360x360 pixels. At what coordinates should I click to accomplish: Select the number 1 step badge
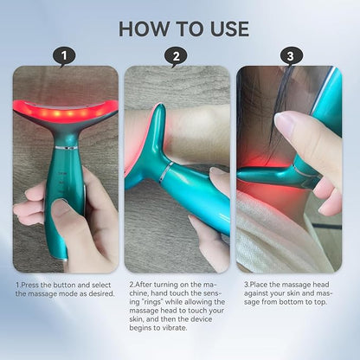coord(64,56)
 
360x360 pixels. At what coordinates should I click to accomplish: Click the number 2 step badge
coord(176,56)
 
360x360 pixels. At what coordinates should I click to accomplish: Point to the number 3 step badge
coord(291,56)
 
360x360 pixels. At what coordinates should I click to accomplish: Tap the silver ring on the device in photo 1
coord(67,148)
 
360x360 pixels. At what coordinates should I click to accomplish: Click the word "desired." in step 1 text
coord(102,293)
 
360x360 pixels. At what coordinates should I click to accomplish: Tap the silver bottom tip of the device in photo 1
coord(64,259)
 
